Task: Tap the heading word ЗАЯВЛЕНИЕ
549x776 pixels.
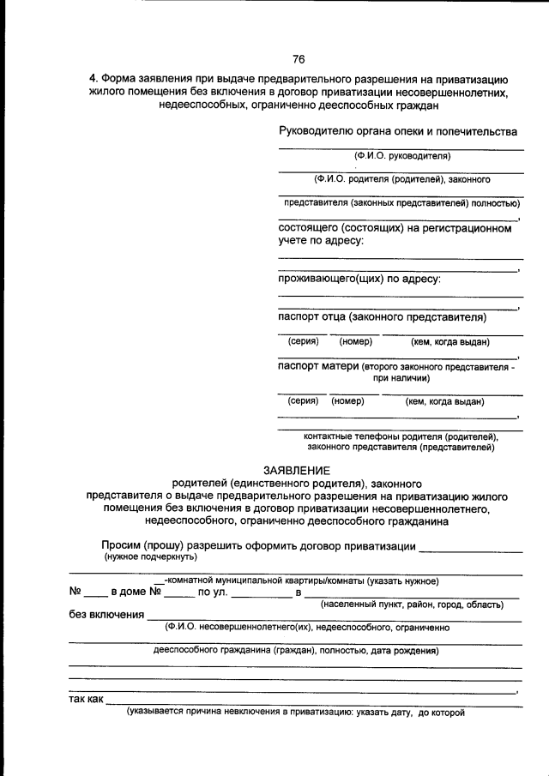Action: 296,470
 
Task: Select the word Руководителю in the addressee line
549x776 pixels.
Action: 313,131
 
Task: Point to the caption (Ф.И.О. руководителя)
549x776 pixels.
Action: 401,156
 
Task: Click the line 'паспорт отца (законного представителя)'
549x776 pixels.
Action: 383,316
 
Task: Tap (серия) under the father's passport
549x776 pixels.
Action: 303,341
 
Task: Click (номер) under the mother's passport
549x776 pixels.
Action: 347,400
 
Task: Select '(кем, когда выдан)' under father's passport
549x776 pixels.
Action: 450,341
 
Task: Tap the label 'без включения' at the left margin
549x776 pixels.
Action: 106,615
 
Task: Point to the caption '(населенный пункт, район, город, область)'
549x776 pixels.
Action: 412,604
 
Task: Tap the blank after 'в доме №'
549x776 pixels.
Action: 178,592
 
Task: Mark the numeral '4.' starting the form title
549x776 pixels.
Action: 94,80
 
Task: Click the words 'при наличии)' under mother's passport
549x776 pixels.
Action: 401,377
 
